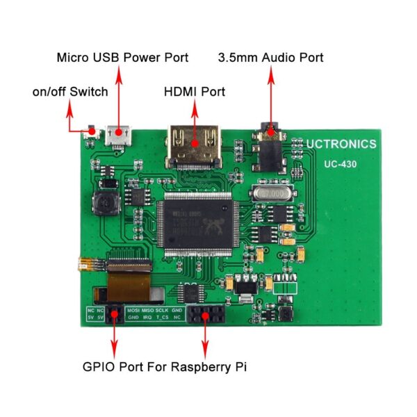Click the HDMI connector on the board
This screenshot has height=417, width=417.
coord(195,146)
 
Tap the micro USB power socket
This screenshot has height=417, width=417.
coord(117,136)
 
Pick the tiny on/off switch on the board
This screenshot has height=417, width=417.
coord(90,132)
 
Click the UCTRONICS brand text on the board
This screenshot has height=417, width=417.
coord(341,145)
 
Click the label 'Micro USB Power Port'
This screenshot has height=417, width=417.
coord(122,57)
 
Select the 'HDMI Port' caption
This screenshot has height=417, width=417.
coord(195,91)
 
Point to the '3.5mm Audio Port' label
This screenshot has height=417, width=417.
coord(271,57)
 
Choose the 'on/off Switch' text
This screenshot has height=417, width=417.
coord(70,91)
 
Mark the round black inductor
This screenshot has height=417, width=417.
coord(107,203)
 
